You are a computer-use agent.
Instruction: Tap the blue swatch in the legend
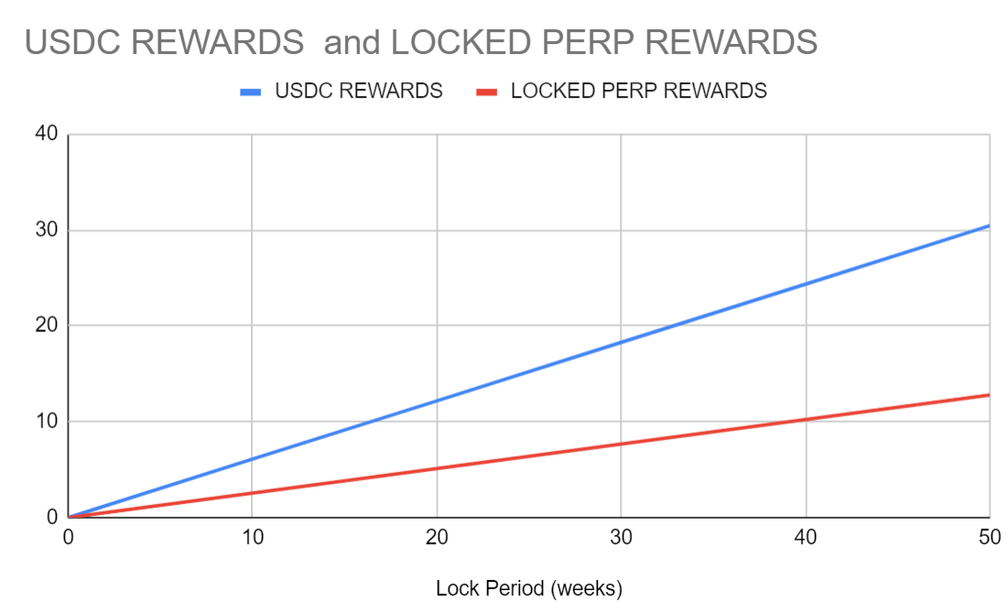pyautogui.click(x=250, y=91)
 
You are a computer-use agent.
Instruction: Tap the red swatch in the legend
pyautogui.click(x=486, y=91)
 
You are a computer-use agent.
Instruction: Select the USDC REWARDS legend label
pyautogui.click(x=359, y=91)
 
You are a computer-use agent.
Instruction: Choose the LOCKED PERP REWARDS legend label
pyautogui.click(x=638, y=91)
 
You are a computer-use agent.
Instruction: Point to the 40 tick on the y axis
pyautogui.click(x=47, y=134)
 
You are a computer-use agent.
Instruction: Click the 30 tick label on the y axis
pyautogui.click(x=47, y=230)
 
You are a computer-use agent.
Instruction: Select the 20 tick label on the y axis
pyautogui.click(x=47, y=326)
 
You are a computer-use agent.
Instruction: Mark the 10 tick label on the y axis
pyautogui.click(x=47, y=422)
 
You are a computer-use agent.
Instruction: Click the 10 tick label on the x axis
pyautogui.click(x=253, y=538)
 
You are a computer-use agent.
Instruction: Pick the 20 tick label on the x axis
pyautogui.click(x=437, y=538)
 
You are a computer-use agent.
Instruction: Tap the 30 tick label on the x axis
pyautogui.click(x=622, y=538)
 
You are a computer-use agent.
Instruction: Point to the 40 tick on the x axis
pyautogui.click(x=806, y=538)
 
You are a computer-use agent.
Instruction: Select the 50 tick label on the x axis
pyautogui.click(x=988, y=538)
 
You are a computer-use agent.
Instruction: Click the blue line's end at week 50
pyautogui.click(x=989, y=225)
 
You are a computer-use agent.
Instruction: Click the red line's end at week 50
pyautogui.click(x=989, y=395)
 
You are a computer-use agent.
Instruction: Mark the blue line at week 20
pyautogui.click(x=437, y=401)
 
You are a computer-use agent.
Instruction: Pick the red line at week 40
pyautogui.click(x=806, y=420)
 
